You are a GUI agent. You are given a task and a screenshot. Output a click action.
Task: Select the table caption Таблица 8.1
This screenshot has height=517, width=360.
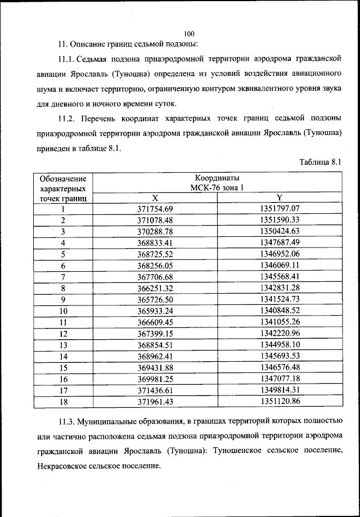321,162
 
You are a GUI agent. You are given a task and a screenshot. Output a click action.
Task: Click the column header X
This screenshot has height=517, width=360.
155,197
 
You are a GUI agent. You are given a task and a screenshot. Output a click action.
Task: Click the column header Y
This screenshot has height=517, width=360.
280,197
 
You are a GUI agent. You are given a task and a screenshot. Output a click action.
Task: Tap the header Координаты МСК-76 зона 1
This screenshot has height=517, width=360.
217,182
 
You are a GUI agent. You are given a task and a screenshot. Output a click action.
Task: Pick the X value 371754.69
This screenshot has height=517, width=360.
155,209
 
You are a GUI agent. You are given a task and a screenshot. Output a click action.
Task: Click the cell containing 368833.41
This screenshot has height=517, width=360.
155,242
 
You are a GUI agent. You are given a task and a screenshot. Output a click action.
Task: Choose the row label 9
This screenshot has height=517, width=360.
64,299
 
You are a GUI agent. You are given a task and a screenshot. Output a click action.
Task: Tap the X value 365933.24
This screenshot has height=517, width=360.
155,311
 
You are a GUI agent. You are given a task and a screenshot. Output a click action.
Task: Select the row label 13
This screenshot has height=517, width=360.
64,345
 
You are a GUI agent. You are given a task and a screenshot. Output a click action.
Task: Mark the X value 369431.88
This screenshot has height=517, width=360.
155,367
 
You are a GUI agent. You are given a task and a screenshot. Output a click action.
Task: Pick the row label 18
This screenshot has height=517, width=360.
64,401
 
